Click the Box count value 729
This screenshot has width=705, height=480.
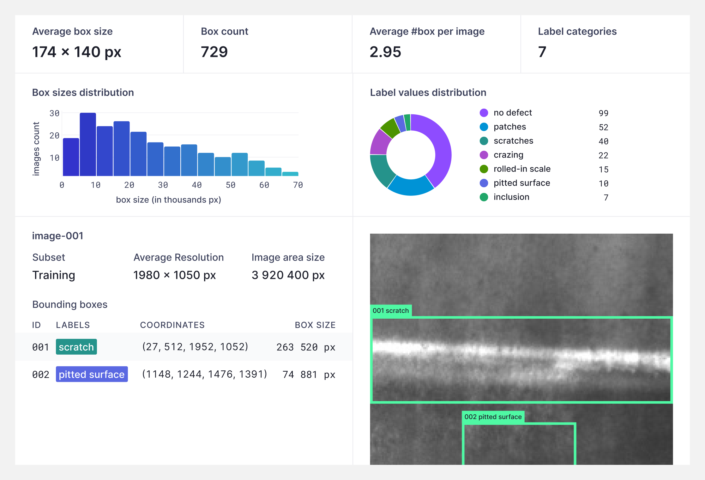(x=214, y=52)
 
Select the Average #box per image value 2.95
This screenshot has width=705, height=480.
(x=385, y=52)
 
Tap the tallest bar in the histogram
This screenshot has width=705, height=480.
(x=88, y=144)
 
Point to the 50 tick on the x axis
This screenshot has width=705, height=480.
(x=231, y=185)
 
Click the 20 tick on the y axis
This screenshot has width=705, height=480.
(x=54, y=135)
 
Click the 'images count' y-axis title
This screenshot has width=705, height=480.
(x=36, y=148)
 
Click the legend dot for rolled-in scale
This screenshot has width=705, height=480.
(x=484, y=169)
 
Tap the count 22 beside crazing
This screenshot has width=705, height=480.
(x=603, y=155)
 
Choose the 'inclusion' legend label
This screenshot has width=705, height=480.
(x=511, y=197)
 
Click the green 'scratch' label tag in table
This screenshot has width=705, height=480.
(x=76, y=347)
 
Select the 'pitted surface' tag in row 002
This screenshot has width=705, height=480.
(x=92, y=374)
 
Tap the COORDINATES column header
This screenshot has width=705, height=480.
(x=172, y=325)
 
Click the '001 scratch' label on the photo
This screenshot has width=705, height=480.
(x=390, y=310)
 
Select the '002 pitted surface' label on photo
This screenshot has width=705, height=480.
(x=493, y=417)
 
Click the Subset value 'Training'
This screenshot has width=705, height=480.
(x=54, y=275)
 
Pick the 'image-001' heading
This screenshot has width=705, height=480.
(x=58, y=236)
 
